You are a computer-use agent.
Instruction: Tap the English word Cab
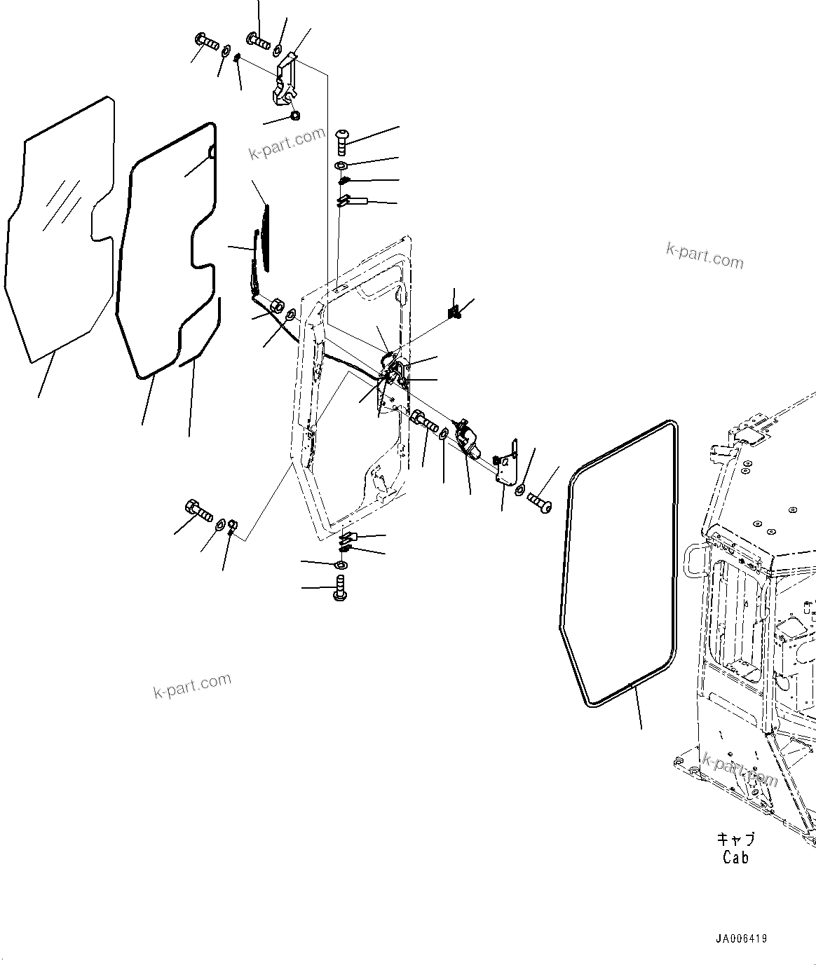[735, 857]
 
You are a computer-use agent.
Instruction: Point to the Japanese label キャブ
[735, 839]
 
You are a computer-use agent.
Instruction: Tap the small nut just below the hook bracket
[294, 116]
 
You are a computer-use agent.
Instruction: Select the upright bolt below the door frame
[341, 587]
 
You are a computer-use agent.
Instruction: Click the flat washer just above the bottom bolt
[341, 565]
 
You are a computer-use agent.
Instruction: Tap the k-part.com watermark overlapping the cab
[740, 771]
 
